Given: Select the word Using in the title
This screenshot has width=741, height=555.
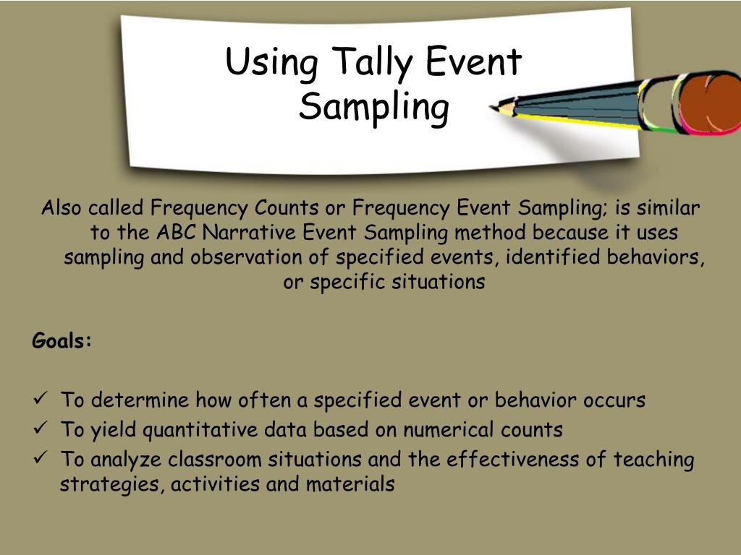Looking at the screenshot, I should click(271, 62).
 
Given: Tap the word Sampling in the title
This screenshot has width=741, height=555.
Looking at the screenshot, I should click(373, 108).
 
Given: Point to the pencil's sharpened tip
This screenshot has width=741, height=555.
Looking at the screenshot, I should click(496, 108).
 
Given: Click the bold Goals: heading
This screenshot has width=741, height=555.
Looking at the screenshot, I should click(62, 340).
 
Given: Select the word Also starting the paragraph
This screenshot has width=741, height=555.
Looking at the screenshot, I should click(62, 209).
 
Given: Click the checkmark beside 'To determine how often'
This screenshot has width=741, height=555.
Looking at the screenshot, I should click(41, 400).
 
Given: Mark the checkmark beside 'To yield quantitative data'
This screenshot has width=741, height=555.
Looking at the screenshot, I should click(41, 429).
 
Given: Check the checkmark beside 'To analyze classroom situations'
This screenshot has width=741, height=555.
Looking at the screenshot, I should click(41, 459).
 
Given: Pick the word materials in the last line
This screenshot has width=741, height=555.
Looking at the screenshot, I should click(350, 484).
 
